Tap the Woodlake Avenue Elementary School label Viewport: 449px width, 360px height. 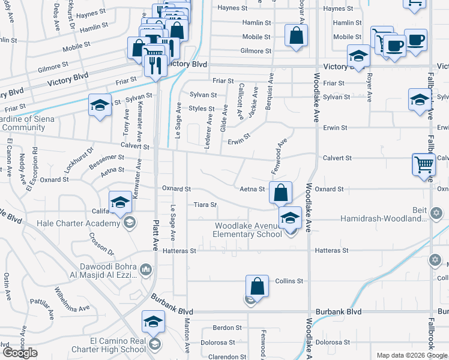[248, 230]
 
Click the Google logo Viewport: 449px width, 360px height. [19, 353]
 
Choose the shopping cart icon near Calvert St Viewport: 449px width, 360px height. [424, 164]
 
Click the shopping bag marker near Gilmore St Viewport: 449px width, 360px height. [296, 35]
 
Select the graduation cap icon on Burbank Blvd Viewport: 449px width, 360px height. [153, 322]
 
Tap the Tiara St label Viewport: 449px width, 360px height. [205, 205]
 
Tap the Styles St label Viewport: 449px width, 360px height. [202, 109]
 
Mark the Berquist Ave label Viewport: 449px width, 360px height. [271, 87]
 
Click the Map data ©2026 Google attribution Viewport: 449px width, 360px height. [411, 355]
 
